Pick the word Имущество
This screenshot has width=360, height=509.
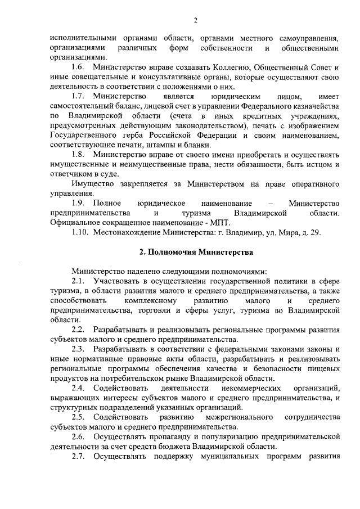[x=91, y=184]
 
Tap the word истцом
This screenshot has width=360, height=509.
[x=312, y=164]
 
